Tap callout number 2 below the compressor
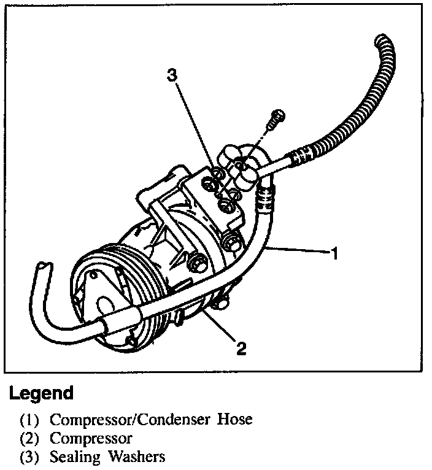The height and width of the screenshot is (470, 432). pos(241,349)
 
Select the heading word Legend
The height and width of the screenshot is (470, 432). pos(41,393)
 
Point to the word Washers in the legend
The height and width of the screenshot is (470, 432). pos(138,457)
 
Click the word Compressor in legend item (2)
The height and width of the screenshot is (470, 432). pos(91,439)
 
